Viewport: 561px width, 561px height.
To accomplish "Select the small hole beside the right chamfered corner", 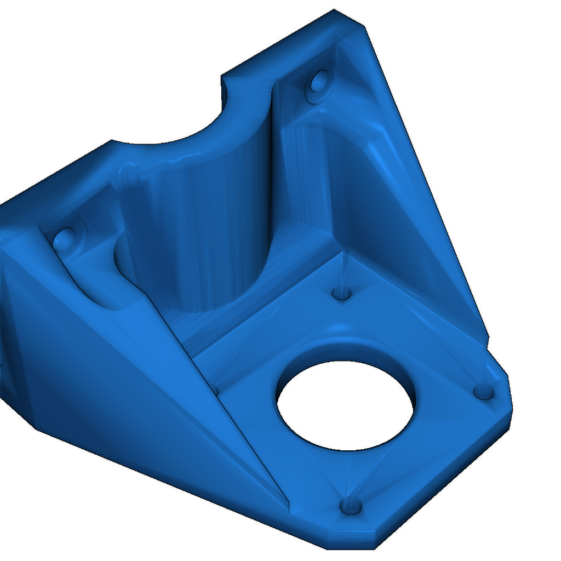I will [x=484, y=391].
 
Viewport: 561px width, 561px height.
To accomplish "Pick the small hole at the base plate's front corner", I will [x=351, y=506].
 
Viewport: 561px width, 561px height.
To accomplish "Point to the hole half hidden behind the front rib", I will [x=215, y=390].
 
